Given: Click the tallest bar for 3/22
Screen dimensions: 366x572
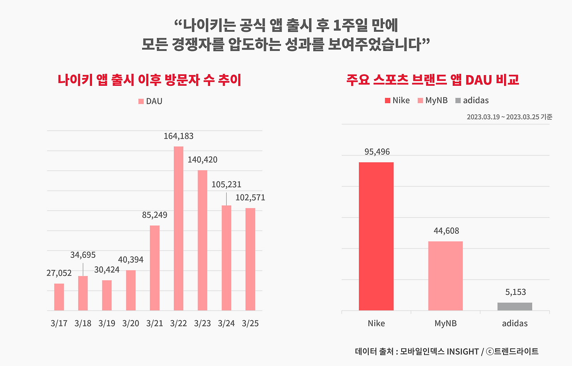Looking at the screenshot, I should (x=178, y=228).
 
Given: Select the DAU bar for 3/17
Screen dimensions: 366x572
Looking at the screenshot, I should (x=59, y=297).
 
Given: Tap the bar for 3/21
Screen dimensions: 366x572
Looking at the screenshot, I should (x=155, y=268).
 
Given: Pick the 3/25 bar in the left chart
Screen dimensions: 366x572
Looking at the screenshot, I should (x=250, y=259).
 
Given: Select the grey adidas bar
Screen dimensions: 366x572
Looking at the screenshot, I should (x=514, y=307).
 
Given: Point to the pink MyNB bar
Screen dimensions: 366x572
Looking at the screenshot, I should (x=445, y=276).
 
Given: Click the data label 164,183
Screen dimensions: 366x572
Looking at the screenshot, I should (x=178, y=136).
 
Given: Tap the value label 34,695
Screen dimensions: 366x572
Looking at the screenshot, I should (x=83, y=255).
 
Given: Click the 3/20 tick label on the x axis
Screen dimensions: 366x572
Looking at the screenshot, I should (x=130, y=324).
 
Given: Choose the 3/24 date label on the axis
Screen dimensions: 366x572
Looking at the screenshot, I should (x=226, y=324).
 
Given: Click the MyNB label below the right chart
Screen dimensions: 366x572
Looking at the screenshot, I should (x=445, y=323).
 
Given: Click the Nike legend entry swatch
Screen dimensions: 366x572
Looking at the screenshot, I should (x=387, y=101).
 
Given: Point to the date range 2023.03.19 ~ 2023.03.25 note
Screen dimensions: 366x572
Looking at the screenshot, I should (x=509, y=117).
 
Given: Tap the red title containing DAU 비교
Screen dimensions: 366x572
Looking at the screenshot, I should (x=432, y=80).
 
